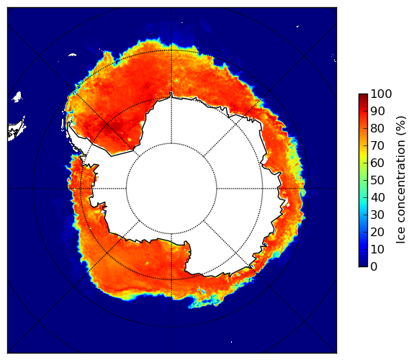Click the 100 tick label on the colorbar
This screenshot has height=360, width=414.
(x=381, y=94)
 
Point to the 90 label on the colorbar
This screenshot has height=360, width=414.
(x=377, y=111)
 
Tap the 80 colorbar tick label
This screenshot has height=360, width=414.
(x=377, y=129)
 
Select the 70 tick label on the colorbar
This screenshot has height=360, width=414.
(x=377, y=145)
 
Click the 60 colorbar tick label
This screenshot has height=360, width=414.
(x=377, y=163)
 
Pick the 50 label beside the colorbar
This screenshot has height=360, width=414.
(x=377, y=181)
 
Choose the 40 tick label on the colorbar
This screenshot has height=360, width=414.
(x=377, y=197)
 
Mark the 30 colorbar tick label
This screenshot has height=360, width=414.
(x=377, y=215)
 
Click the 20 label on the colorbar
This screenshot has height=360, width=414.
(x=377, y=232)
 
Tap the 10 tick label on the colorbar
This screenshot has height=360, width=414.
(x=377, y=249)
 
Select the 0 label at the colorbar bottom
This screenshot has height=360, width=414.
(x=374, y=267)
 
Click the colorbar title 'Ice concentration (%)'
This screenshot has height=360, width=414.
(x=400, y=180)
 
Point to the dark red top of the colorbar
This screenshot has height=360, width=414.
(x=363, y=96)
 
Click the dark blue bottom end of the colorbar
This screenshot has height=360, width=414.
(x=363, y=265)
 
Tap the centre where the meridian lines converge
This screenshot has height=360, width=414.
(x=171, y=189)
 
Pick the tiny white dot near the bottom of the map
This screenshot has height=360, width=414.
(x=232, y=342)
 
